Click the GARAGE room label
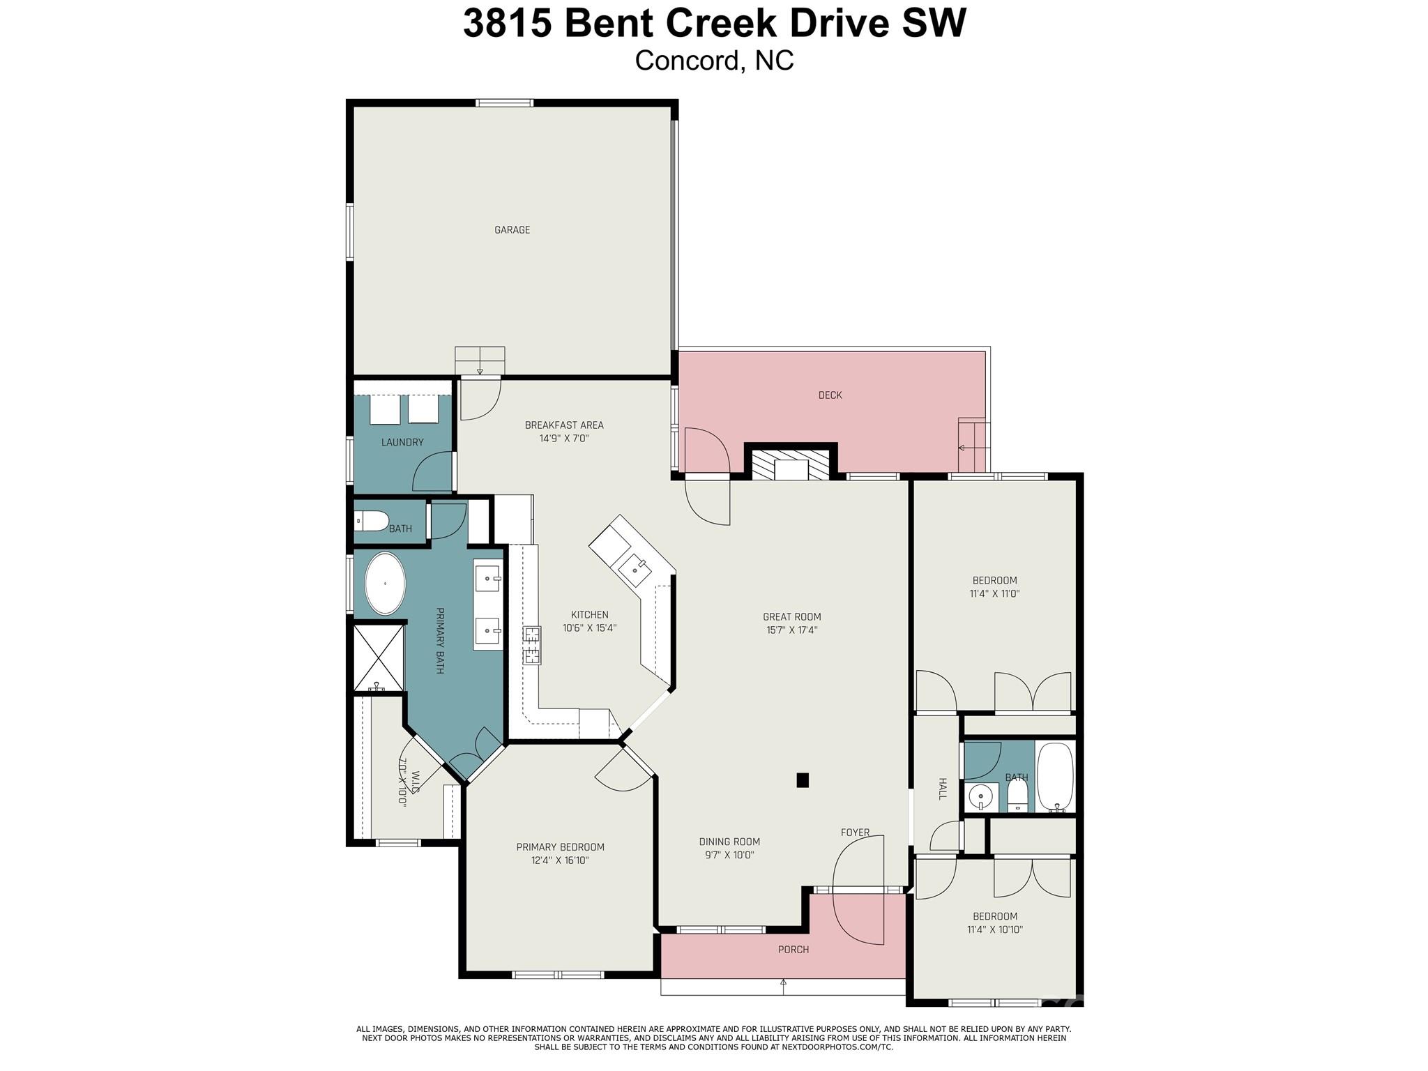(x=512, y=230)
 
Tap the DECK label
(x=830, y=395)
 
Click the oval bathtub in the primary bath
(x=385, y=584)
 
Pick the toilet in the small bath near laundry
(x=372, y=521)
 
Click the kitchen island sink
(x=635, y=569)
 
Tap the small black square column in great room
(x=803, y=780)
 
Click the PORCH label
(x=793, y=950)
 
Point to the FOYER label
(x=855, y=833)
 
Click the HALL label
(x=942, y=789)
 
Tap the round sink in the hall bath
(x=981, y=795)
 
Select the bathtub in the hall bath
(x=1055, y=776)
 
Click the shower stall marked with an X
(x=379, y=658)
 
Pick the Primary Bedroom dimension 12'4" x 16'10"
(x=560, y=860)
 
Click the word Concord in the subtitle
(x=686, y=61)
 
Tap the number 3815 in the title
(x=507, y=23)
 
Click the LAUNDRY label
(x=402, y=442)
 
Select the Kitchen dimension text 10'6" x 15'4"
(x=589, y=628)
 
